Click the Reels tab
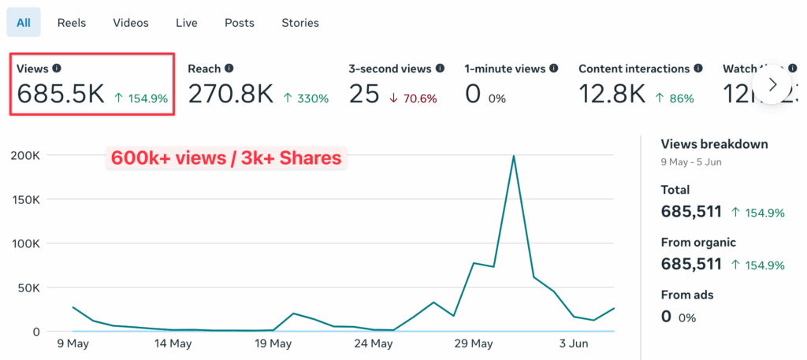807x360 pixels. pyautogui.click(x=72, y=23)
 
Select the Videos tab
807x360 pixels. pyautogui.click(x=131, y=23)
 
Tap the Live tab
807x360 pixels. pyautogui.click(x=187, y=23)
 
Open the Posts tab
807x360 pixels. pyautogui.click(x=240, y=23)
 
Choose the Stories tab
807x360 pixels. pyautogui.click(x=300, y=23)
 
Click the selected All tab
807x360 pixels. pyautogui.click(x=24, y=23)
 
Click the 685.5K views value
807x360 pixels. pyautogui.click(x=61, y=95)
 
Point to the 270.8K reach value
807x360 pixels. pyautogui.click(x=230, y=95)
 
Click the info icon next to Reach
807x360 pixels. pyautogui.click(x=229, y=69)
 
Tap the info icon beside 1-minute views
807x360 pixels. pyautogui.click(x=554, y=69)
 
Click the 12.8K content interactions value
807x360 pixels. pyautogui.click(x=612, y=95)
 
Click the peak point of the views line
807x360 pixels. pyautogui.click(x=514, y=156)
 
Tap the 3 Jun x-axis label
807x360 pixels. pyautogui.click(x=573, y=343)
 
